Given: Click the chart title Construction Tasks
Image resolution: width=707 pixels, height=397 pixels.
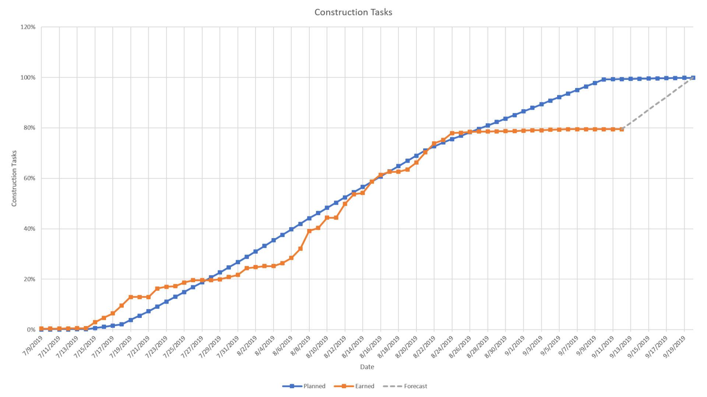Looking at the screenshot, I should tap(353, 12).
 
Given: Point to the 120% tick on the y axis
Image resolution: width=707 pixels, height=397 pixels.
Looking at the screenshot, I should tap(28, 27).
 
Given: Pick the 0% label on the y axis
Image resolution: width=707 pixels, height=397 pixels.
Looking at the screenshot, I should tap(31, 330).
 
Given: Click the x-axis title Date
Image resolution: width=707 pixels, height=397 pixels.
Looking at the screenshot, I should tap(367, 367).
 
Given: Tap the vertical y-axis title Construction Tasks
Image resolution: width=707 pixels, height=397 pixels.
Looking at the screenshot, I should tap(14, 178).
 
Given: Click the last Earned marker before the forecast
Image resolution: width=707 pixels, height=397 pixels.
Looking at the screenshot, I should tap(622, 129).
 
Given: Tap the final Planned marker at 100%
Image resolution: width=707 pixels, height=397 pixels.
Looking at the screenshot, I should tap(693, 78).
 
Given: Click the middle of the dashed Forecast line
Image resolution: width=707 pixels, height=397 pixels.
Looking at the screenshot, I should tap(657, 103).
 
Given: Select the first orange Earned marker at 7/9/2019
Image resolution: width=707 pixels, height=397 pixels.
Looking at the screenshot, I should tap(41, 329).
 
